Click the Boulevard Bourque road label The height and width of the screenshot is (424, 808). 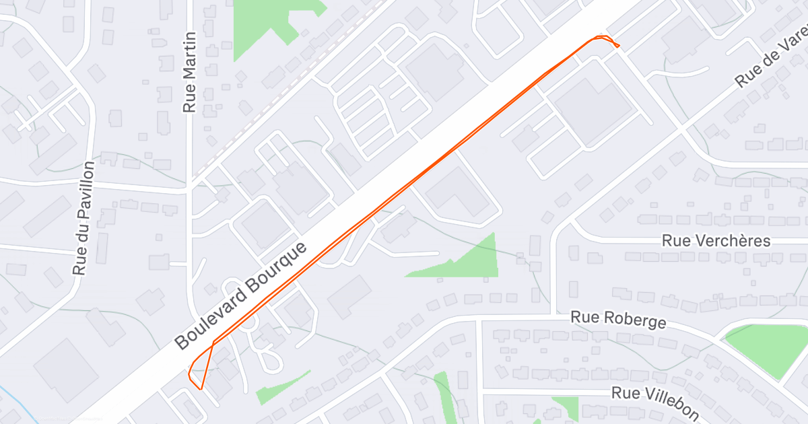[x=241, y=295]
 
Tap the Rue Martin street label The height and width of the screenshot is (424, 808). [x=189, y=72]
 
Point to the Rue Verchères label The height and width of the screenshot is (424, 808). [x=716, y=241]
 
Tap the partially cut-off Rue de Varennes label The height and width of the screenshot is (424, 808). [x=771, y=61]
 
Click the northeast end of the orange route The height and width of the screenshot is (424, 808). [x=618, y=46]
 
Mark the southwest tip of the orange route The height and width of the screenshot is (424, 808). [x=201, y=388]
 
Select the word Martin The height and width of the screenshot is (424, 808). [x=189, y=60]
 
